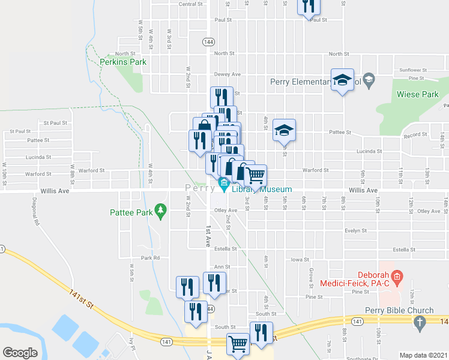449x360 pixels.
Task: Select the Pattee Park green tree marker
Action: [160, 209]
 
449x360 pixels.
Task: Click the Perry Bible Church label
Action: [399, 310]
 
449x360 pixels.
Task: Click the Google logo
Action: [20, 352]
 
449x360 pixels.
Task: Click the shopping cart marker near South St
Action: [238, 344]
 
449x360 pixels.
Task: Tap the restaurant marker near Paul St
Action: [309, 5]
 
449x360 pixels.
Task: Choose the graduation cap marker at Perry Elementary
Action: [342, 80]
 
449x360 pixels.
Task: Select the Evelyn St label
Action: [355, 230]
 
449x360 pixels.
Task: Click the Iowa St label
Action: [298, 260]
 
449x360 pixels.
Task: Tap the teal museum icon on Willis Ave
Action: [224, 183]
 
